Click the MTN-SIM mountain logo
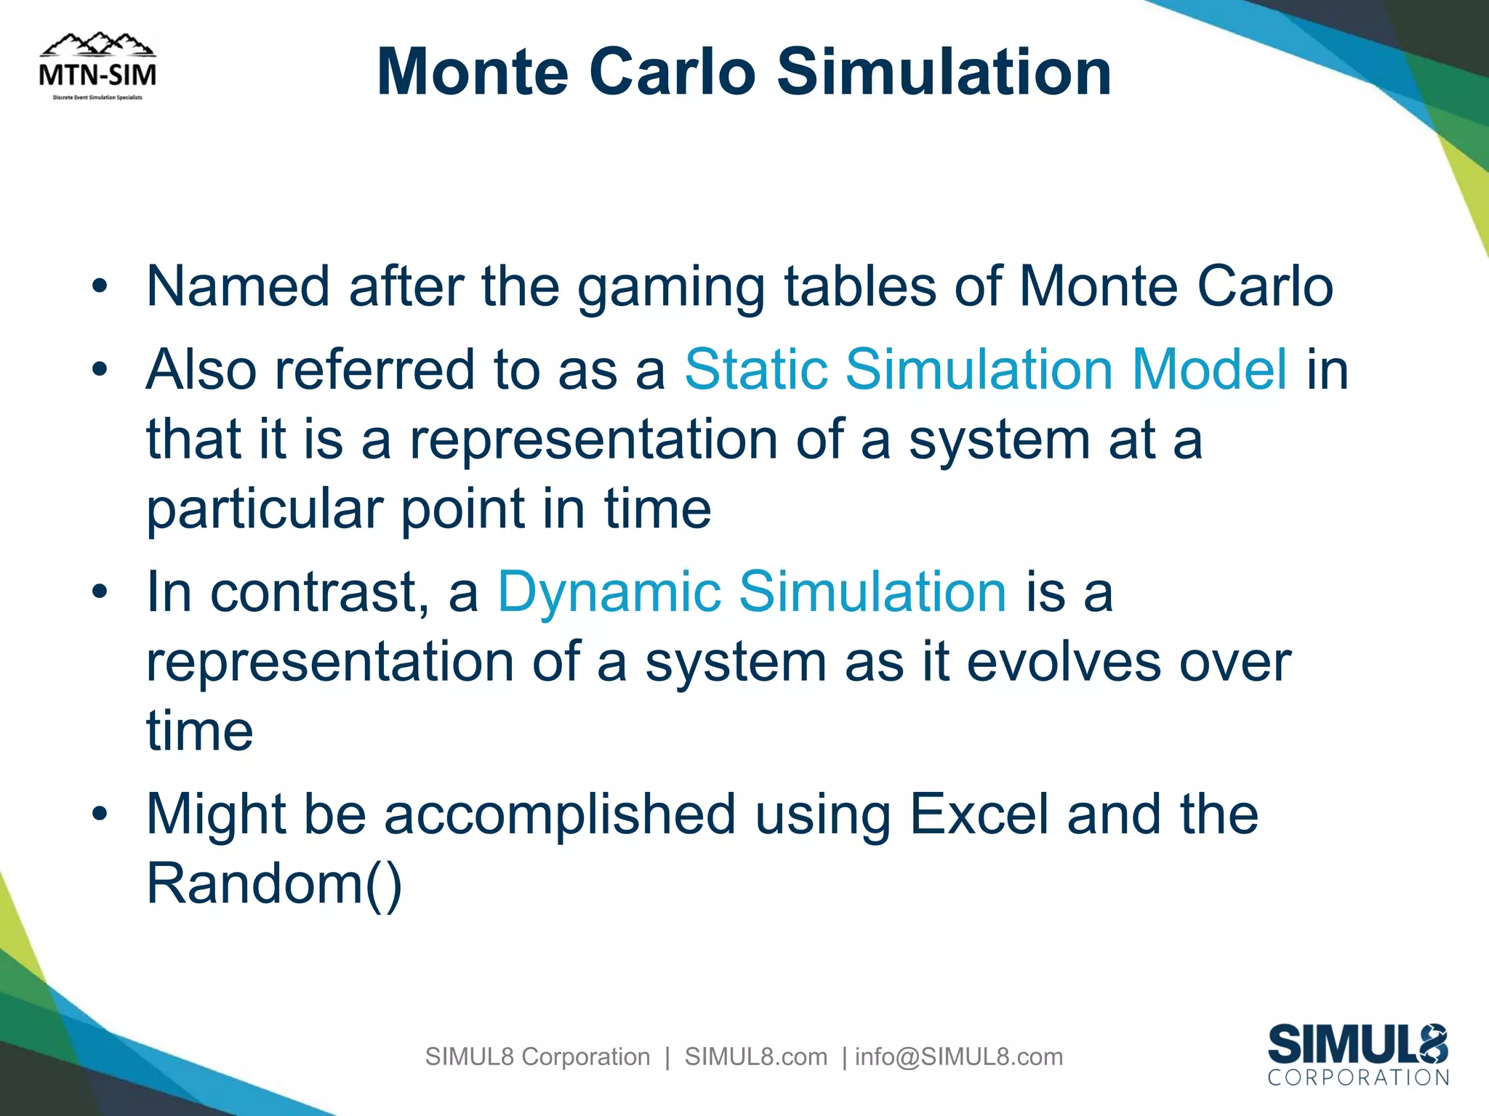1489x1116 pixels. click(97, 67)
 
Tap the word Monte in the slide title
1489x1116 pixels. click(472, 72)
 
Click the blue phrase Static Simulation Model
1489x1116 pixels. click(985, 369)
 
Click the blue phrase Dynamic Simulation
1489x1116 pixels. click(752, 592)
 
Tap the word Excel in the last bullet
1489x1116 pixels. click(979, 814)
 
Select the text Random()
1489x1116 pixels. click(274, 884)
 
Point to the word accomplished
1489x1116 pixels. click(560, 814)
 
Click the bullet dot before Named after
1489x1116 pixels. click(100, 287)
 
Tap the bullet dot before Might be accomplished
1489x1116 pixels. click(100, 814)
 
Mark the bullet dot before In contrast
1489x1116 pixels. click(100, 593)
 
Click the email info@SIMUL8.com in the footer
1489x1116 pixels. click(958, 1056)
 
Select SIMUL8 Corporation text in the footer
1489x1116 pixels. click(537, 1056)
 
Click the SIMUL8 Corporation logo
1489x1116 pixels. click(1357, 1054)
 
